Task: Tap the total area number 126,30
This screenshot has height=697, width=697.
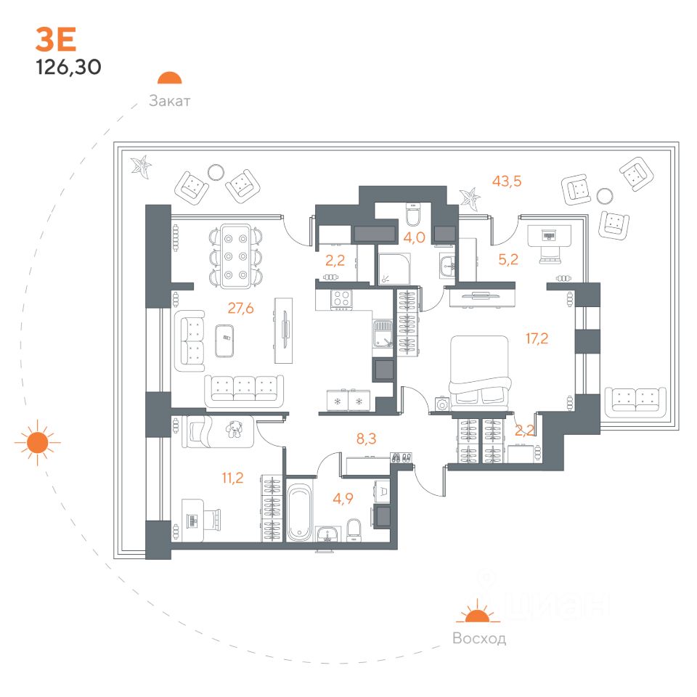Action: pos(68,68)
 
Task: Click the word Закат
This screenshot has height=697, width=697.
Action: pos(169,101)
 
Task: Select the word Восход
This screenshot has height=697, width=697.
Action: pos(478,639)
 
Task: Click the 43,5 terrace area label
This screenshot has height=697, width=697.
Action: pos(507,182)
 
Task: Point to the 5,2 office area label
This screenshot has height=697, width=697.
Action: pos(509,260)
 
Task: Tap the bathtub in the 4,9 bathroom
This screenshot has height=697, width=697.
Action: pos(299,513)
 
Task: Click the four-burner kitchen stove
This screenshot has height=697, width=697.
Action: pos(341,299)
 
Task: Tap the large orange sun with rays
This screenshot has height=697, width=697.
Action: pos(38,442)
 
